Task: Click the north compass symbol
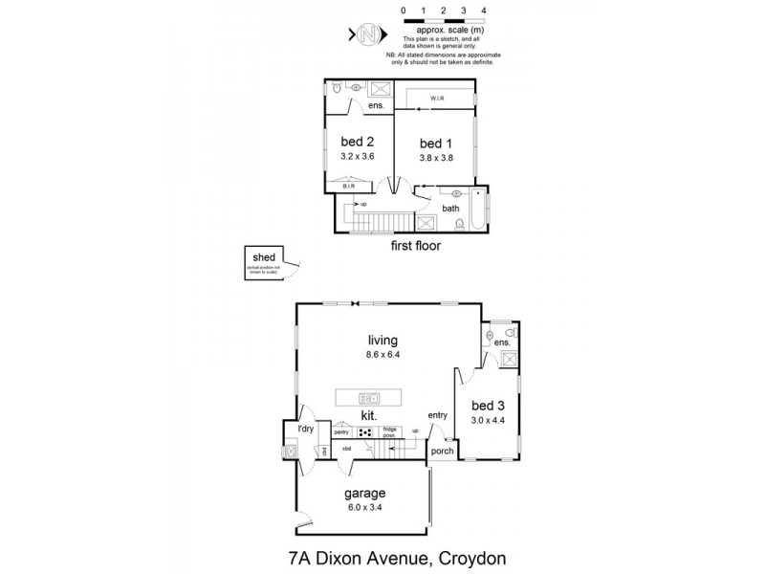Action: (367, 34)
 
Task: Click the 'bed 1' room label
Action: (434, 142)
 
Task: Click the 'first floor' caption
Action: (414, 246)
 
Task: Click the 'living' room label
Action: (382, 340)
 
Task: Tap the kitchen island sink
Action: (369, 397)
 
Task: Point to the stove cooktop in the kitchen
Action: (365, 432)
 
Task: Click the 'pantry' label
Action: (340, 432)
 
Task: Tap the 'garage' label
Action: (365, 494)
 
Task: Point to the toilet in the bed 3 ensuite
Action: (511, 333)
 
